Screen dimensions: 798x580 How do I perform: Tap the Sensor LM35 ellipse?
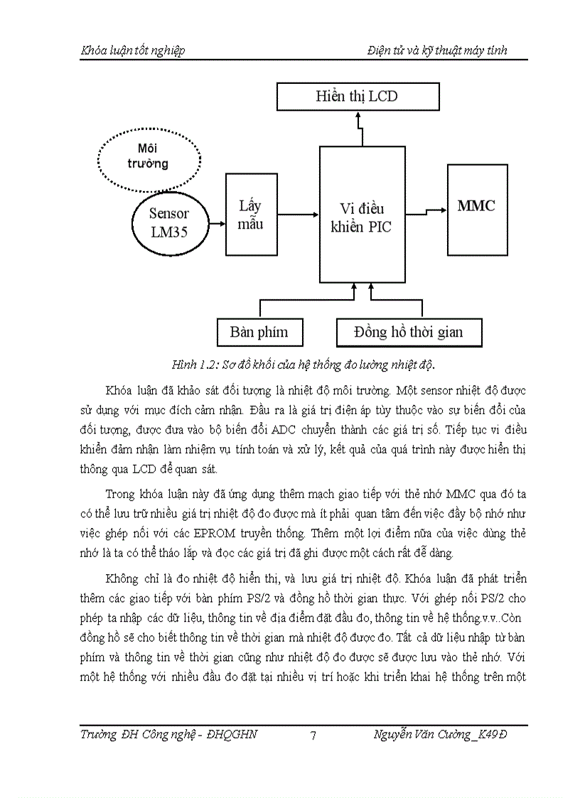click(x=169, y=222)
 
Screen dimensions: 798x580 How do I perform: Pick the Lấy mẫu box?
click(x=251, y=214)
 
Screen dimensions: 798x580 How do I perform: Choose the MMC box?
click(x=476, y=207)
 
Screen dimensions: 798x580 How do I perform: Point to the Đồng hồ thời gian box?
click(x=409, y=332)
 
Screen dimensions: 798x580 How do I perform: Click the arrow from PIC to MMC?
click(x=426, y=210)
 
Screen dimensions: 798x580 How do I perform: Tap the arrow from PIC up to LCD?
click(x=360, y=129)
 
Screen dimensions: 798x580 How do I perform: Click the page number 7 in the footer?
click(x=313, y=735)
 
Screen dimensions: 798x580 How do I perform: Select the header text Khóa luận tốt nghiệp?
click(x=133, y=50)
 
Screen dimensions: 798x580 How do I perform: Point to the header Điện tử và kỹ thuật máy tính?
click(x=437, y=50)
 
